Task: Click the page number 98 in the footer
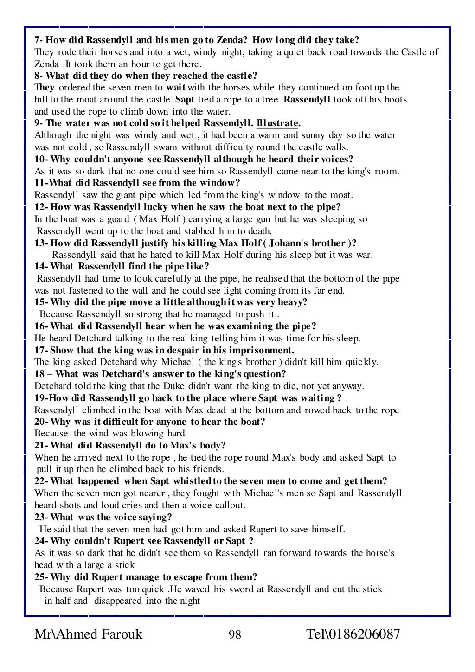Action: [235, 634]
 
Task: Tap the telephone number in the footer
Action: [353, 634]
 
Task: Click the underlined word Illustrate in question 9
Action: [277, 123]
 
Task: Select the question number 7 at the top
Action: [37, 40]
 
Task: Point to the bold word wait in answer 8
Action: [176, 88]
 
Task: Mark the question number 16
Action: [40, 326]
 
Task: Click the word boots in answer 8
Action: [396, 100]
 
